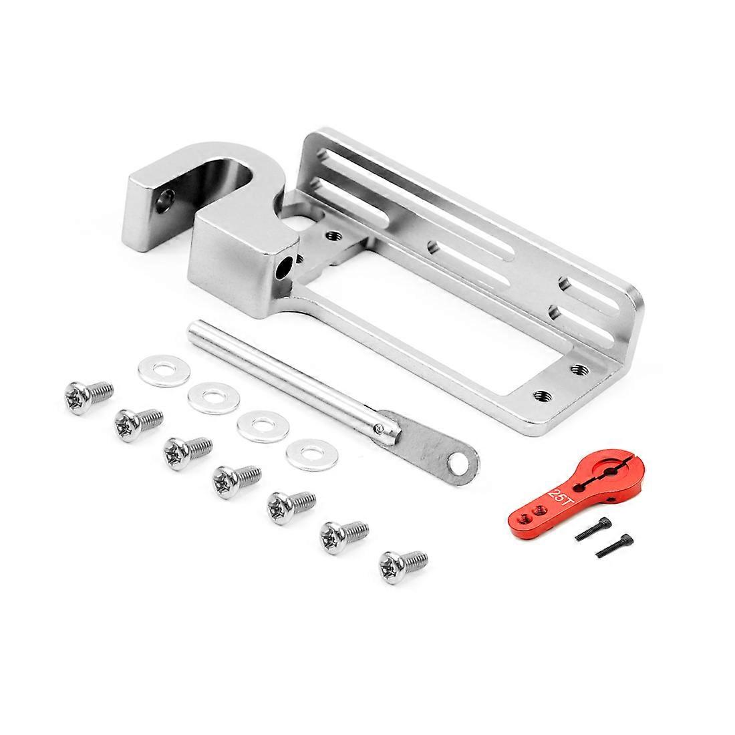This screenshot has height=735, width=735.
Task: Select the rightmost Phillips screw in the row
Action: tap(402, 567)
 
